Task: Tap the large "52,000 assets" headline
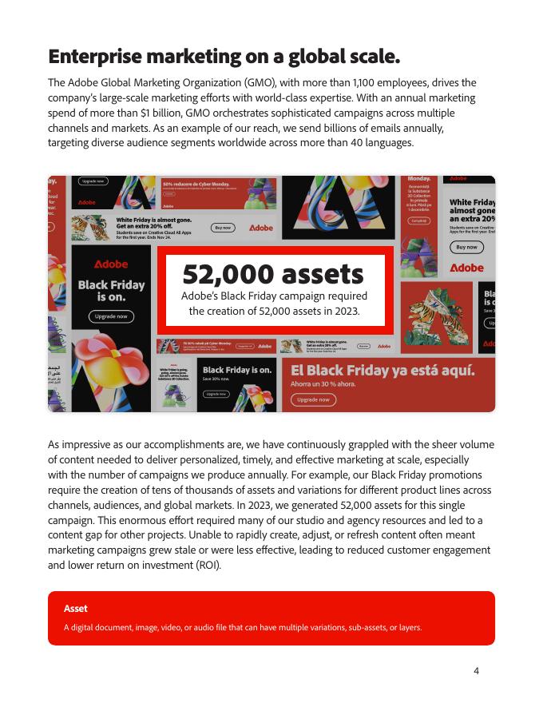pos(273,274)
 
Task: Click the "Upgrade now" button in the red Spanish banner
pos(313,399)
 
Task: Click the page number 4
pos(477,670)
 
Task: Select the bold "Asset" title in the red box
pos(76,609)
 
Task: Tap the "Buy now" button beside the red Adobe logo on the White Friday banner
pos(222,228)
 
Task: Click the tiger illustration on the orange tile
pos(438,318)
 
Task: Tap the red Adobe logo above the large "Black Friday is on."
pos(111,264)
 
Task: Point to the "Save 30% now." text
pos(216,379)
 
